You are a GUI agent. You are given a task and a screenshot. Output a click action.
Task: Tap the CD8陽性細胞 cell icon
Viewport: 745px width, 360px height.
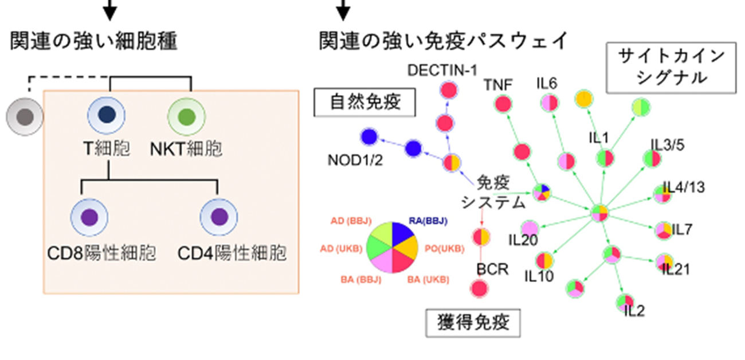coord(89,217)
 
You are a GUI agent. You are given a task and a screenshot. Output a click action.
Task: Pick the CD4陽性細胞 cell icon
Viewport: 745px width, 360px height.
coord(219,217)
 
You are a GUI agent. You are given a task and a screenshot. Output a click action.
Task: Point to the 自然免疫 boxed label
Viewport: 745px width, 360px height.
coord(364,103)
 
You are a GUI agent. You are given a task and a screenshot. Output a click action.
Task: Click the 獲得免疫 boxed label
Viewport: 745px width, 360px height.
coord(473,323)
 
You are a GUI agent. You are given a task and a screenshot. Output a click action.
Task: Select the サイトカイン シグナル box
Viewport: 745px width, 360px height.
coord(670,67)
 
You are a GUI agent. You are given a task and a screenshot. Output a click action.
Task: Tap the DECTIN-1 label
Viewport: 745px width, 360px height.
coord(442,70)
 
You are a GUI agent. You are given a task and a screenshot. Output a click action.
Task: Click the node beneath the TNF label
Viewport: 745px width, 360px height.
coord(503,103)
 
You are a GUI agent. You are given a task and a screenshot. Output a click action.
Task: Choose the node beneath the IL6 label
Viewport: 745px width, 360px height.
coord(549,103)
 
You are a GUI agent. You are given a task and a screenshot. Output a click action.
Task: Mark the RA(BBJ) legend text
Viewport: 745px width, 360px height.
coord(428,221)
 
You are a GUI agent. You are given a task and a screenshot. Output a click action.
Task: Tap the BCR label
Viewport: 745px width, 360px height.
coord(492,269)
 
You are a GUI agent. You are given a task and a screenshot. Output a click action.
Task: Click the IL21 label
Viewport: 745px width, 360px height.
coord(676,269)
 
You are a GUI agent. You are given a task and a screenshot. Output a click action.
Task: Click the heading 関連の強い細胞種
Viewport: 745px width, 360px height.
coord(93,41)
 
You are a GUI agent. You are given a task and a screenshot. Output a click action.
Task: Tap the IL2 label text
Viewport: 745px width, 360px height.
coord(634,311)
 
